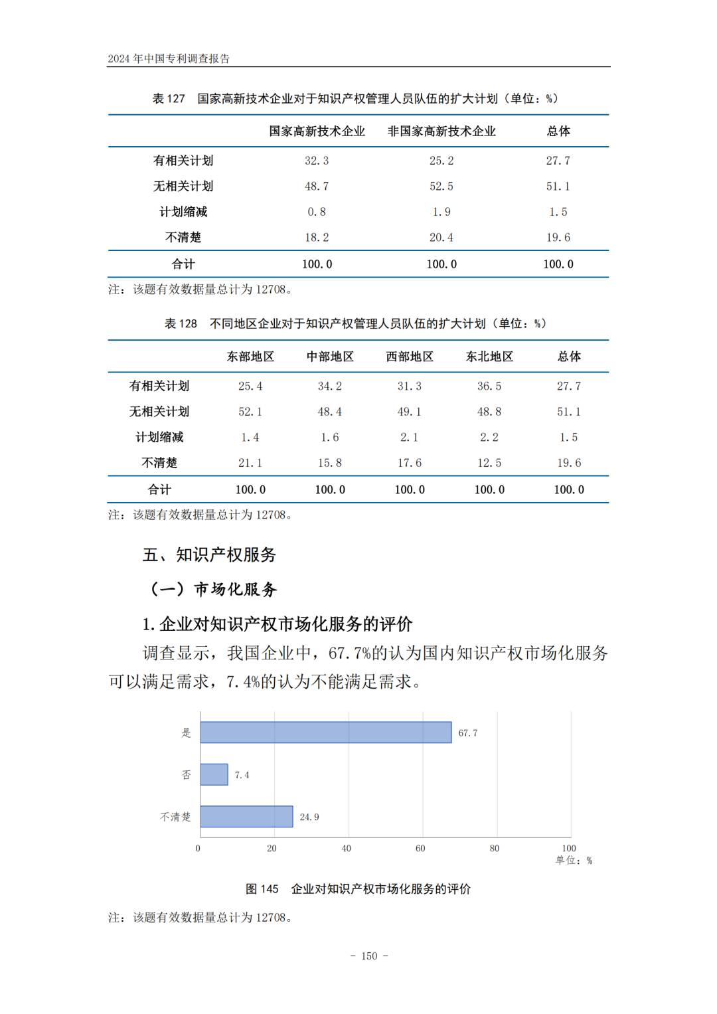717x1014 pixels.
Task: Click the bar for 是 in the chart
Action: coord(325,732)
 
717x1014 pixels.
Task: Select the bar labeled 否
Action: coord(214,774)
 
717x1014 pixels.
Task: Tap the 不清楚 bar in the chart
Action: coord(246,817)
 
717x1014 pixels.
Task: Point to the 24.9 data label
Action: coord(309,817)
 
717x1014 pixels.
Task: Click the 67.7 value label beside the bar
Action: coord(468,733)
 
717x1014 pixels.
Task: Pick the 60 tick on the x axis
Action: coord(420,849)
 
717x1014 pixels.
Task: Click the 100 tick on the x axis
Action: coord(569,849)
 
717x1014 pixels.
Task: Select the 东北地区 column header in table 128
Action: coord(489,357)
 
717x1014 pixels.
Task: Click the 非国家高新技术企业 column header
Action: coord(441,131)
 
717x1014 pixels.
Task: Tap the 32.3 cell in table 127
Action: coord(317,161)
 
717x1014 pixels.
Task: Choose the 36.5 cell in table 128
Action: coord(489,386)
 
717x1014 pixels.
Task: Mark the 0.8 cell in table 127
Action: coord(317,212)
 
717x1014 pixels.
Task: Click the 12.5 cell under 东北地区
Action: coord(489,463)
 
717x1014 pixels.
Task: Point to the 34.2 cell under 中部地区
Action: coord(330,386)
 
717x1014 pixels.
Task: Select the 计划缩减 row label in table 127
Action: coord(183,212)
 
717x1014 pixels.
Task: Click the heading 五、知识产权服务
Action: coord(209,555)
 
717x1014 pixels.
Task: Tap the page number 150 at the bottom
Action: coord(369,956)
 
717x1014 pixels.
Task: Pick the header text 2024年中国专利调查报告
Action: coord(169,58)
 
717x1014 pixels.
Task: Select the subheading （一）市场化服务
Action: coord(213,589)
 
